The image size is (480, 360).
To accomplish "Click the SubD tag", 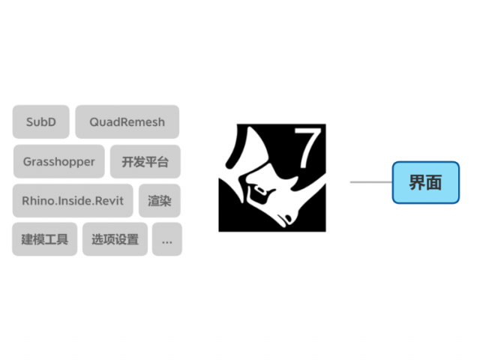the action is click(41, 121).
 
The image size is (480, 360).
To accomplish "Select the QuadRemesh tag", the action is click(127, 121).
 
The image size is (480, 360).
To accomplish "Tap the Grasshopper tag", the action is click(59, 161).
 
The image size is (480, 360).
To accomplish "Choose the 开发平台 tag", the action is click(145, 161).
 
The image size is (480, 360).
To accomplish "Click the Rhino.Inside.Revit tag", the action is click(73, 200).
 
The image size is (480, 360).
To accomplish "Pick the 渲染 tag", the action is click(160, 200).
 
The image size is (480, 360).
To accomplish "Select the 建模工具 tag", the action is click(45, 239).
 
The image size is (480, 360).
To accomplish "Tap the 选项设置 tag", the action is click(115, 239).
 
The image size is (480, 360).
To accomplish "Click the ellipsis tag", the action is click(167, 239).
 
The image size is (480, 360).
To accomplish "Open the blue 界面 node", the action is click(426, 182).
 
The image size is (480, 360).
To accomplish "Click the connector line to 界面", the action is click(371, 181).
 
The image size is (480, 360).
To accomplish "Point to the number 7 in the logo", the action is click(307, 148).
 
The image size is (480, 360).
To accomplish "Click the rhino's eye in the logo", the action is click(260, 190).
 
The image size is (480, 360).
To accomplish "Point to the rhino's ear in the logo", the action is click(296, 183).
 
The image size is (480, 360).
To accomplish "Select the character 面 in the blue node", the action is click(433, 183).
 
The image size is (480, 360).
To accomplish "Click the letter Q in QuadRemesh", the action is click(94, 122).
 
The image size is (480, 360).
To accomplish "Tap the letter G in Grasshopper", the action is click(28, 161).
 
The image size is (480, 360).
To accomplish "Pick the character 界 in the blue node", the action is click(418, 183).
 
